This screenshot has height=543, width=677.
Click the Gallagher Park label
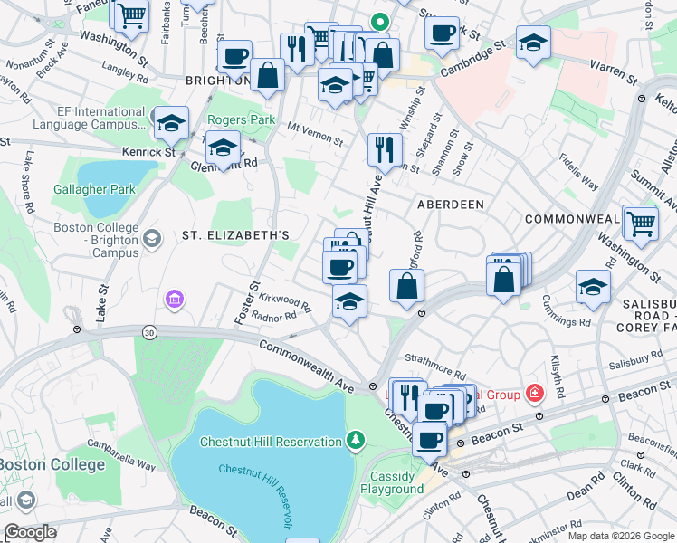coord(95,189)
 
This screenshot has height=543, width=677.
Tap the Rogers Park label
coord(241,119)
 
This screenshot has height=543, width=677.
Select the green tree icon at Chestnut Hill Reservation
coord(357,441)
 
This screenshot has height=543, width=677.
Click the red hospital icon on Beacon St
coord(535,394)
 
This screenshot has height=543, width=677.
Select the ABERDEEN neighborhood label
coord(450,205)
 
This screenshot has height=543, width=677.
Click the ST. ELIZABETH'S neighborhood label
coord(235,235)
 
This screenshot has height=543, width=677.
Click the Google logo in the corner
coord(31,532)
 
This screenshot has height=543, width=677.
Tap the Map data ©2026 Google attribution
coord(621,536)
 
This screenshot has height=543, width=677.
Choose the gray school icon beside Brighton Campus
coord(152,238)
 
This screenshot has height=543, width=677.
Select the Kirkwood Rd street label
coord(285,302)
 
